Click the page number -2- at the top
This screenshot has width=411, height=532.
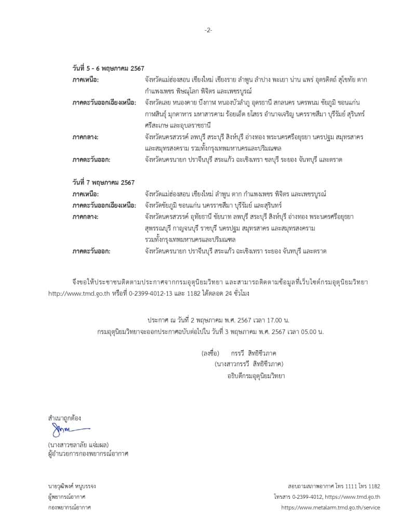click(208, 30)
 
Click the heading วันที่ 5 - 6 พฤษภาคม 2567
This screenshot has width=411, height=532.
click(108, 69)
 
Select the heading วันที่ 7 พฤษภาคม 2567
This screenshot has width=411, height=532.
click(103, 182)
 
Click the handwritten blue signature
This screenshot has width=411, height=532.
click(68, 430)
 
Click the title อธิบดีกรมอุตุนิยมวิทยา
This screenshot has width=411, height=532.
click(256, 375)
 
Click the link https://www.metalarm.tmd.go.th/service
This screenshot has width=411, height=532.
click(330, 507)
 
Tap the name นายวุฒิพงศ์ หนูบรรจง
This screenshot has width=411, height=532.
click(72, 486)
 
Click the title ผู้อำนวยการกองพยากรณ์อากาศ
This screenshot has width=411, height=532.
click(88, 454)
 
